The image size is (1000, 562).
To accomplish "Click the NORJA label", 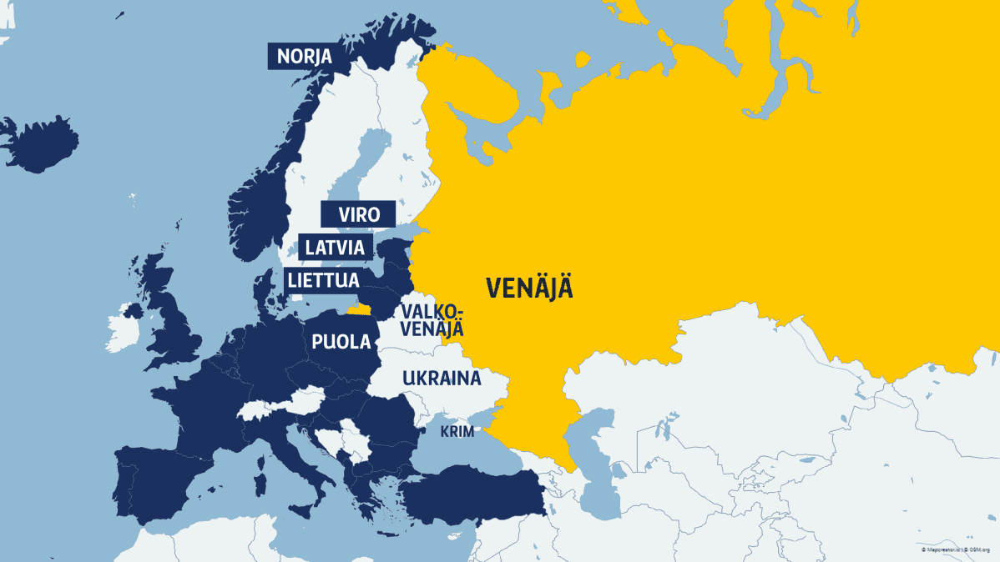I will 305,57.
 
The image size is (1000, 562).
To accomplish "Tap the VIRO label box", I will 359,214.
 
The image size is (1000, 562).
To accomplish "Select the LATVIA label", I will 334,248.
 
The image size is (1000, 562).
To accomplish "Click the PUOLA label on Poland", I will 341,341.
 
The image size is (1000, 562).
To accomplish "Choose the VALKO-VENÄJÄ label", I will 432,320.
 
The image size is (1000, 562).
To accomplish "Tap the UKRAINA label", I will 442,378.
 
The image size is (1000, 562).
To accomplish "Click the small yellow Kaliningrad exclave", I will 360,309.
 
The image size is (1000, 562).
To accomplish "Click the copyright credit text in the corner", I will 956,550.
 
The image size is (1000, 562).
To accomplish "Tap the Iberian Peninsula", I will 154,484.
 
